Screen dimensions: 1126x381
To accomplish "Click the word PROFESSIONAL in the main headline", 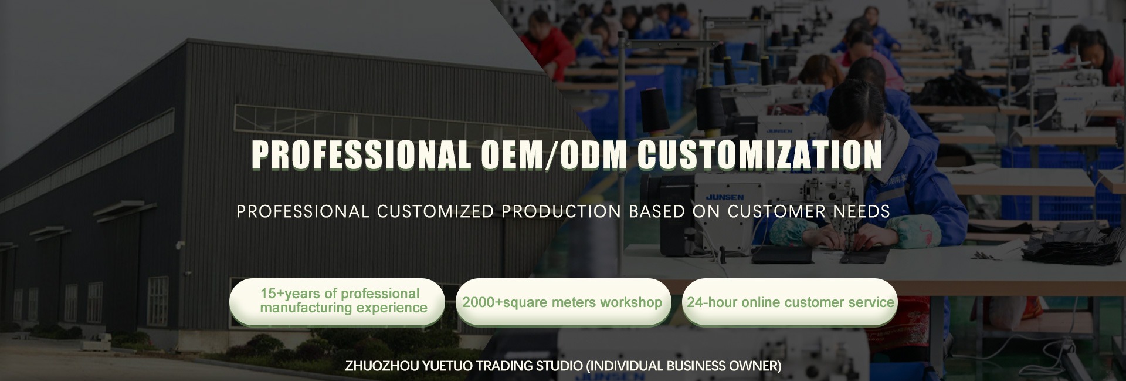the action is point(361,155).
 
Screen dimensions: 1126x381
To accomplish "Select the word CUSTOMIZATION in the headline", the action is point(759,155).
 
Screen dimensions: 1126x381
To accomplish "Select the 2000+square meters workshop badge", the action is point(563,302).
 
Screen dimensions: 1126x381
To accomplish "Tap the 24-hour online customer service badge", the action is point(790,302).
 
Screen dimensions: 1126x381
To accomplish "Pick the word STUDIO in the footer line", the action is point(560,366).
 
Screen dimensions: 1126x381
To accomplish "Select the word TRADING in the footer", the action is point(504,366).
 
